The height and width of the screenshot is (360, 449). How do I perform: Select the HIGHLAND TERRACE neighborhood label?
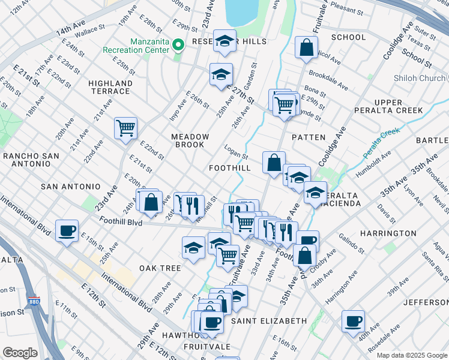(x=110, y=87)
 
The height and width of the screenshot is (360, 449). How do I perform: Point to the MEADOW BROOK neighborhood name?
(x=190, y=140)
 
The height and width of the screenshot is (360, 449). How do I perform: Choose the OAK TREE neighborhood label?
(x=160, y=268)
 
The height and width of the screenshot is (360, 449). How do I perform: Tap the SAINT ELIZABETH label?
(x=269, y=321)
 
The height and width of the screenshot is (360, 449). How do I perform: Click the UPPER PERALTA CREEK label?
(x=389, y=106)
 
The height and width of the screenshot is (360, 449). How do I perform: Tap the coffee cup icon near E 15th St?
(x=67, y=230)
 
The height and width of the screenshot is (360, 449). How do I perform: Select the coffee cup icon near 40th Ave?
(x=353, y=320)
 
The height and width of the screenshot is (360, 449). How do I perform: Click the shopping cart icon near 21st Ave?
(x=125, y=127)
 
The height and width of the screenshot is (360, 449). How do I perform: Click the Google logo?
(x=20, y=353)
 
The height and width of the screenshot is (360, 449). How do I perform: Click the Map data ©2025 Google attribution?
(x=411, y=355)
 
